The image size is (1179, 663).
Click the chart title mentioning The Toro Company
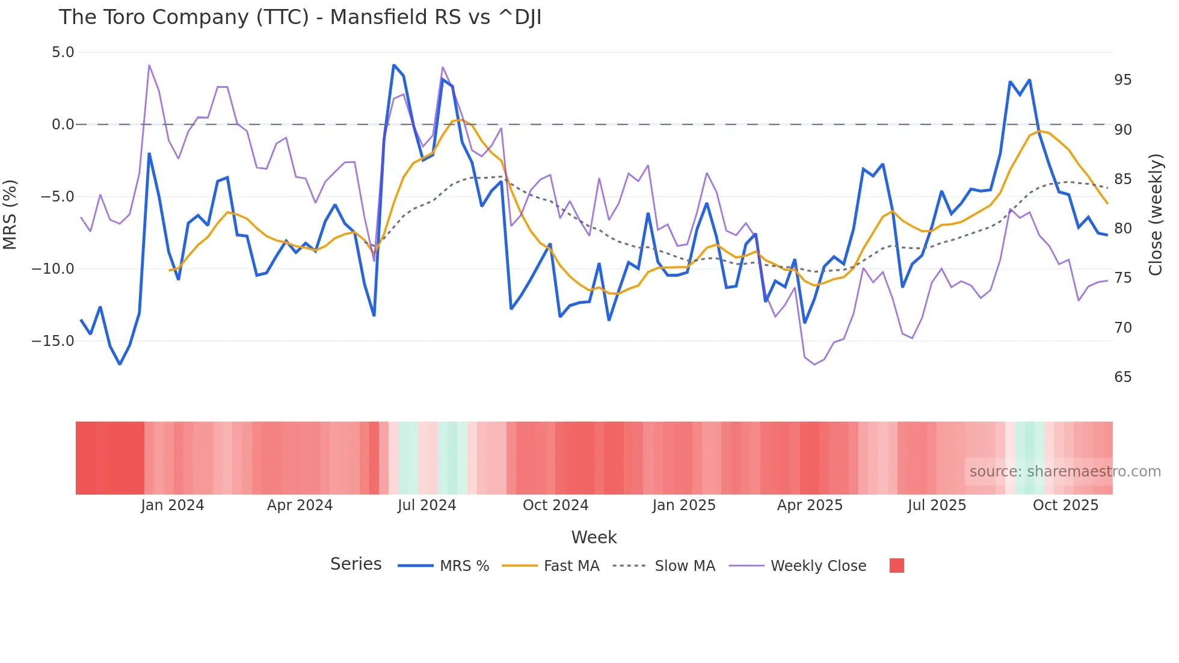pos(300,17)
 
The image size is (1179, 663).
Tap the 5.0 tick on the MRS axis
pos(63,52)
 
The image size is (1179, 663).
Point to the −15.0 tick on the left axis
pos(53,341)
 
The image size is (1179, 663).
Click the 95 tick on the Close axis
pos(1122,80)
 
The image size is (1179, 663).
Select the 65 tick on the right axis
pos(1122,377)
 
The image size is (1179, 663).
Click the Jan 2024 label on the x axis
pos(173,505)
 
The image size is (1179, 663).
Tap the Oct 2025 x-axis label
pos(1065,505)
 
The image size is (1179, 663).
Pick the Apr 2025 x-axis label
pos(810,505)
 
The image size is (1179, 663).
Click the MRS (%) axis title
pos(10,214)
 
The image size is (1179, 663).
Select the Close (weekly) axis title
pos(1156,214)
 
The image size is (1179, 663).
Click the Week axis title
pos(594,537)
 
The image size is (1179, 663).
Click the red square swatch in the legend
pos(896,566)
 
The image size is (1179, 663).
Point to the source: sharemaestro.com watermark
pos(1065,472)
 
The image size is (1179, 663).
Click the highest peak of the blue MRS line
pos(394,65)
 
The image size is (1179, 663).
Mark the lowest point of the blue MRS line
pos(120,364)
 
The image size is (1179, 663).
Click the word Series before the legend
pos(356,564)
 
